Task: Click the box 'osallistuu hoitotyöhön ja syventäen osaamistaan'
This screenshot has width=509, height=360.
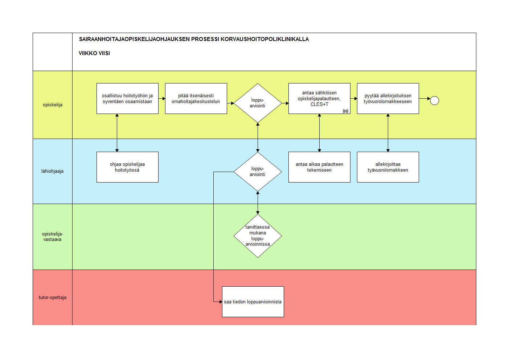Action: pos(127,98)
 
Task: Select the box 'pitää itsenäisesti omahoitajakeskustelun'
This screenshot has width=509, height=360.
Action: pos(196,98)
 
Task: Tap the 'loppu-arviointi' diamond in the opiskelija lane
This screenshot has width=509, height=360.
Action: pos(258,103)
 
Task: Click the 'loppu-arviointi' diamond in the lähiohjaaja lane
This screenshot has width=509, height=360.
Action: pos(258,172)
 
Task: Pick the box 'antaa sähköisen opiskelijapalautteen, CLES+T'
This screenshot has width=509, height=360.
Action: pos(319,98)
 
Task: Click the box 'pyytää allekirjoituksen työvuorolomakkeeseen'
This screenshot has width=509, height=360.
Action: pos(388,98)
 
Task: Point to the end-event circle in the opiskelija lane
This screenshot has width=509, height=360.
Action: pos(435,101)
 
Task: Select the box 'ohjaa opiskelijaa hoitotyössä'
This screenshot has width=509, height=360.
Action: pos(127,167)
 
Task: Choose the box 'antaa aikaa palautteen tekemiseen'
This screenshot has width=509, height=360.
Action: pos(319,167)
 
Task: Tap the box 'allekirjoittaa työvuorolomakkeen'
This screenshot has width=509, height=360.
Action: pos(388,167)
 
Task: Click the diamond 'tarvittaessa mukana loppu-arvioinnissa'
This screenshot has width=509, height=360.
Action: pos(258,236)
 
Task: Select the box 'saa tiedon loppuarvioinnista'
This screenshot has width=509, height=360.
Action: pos(253,302)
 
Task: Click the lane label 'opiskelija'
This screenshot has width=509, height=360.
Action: pos(53,105)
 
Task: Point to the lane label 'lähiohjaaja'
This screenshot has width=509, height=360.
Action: pos(52,171)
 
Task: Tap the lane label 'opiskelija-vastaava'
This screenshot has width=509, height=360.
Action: pos(53,237)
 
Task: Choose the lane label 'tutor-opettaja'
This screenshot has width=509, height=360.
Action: pos(53,297)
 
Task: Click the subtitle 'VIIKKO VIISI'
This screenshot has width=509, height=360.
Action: pos(94,53)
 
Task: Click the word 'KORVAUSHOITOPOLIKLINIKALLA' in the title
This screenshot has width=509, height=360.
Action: pos(265,39)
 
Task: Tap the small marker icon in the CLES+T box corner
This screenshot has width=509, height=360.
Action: pos(345,111)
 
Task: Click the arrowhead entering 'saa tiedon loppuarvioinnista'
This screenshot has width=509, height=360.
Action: pos(221,302)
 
